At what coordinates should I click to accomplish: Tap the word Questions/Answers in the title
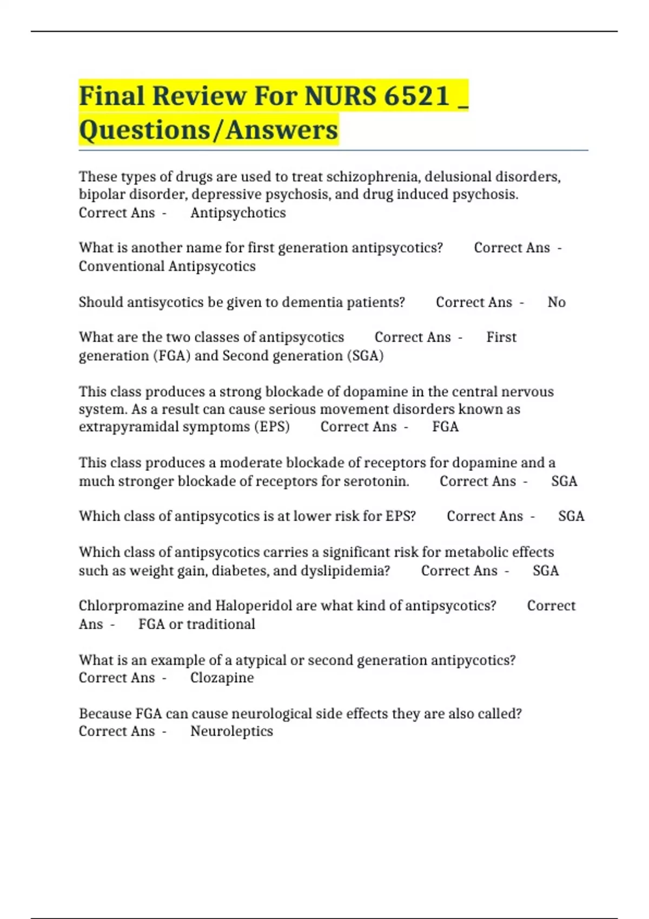(x=208, y=130)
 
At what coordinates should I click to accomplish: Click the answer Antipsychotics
(x=238, y=213)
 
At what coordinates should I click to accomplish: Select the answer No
(x=557, y=302)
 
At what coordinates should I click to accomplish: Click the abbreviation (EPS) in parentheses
(x=271, y=427)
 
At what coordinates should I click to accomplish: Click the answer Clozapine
(x=222, y=678)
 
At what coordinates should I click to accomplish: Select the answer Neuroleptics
(x=231, y=731)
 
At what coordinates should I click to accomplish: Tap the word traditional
(x=221, y=624)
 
